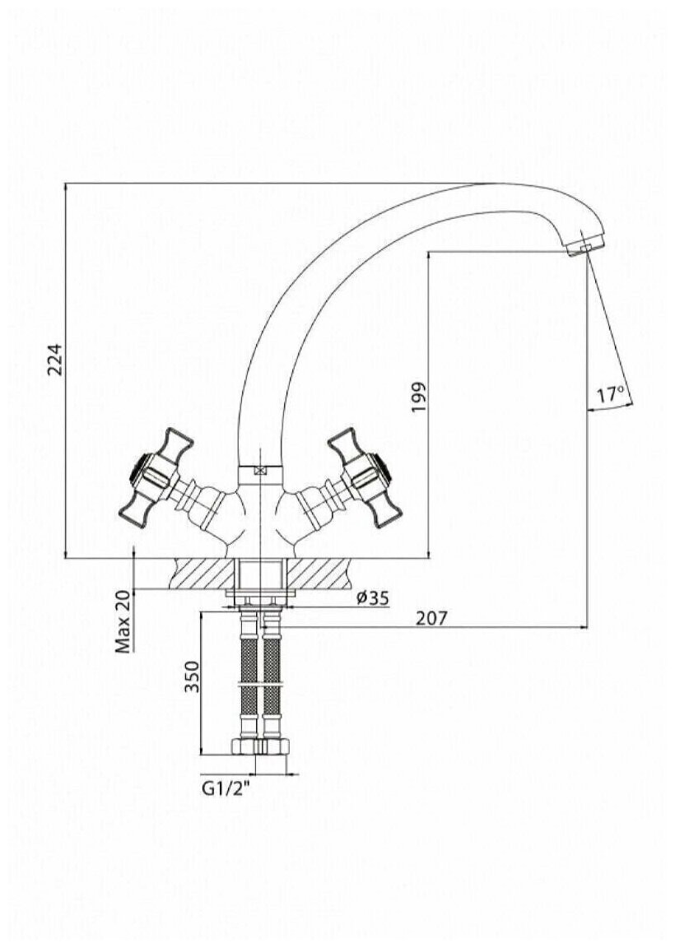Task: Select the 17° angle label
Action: point(611,396)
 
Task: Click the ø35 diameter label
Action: point(373,599)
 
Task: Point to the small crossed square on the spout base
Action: point(260,472)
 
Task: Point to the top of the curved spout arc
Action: point(461,189)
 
